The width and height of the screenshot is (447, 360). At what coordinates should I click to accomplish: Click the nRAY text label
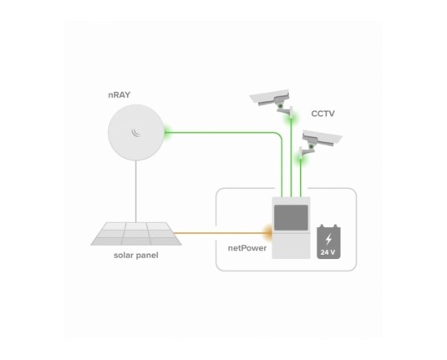coord(119,94)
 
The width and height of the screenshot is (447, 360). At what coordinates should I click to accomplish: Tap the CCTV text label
coord(323,114)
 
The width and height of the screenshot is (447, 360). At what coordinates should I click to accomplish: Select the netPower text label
coord(247,248)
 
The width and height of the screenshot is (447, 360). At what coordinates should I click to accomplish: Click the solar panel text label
coord(136,255)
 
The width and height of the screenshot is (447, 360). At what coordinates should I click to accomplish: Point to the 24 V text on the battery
coord(328,252)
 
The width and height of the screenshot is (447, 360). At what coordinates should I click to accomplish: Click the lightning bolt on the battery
coord(328,239)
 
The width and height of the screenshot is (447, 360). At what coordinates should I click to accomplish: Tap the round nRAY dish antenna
coord(136,133)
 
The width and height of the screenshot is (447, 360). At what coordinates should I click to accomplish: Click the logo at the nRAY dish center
coord(135,133)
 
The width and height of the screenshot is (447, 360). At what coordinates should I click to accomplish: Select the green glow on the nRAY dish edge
coord(166,132)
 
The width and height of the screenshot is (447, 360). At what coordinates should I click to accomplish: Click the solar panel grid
coord(136,234)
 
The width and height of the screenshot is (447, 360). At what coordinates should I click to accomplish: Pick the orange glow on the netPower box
coord(268,232)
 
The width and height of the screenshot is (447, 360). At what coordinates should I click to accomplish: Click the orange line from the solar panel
coord(221,233)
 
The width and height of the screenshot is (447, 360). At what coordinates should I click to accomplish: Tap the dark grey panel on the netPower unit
coord(291,217)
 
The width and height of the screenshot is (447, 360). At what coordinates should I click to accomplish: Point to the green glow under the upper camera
coord(292,117)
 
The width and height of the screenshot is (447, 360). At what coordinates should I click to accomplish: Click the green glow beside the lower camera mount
coord(301,158)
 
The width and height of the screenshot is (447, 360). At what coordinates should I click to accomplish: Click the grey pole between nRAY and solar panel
coord(136,191)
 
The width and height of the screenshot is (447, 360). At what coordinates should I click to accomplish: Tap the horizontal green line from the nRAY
coord(221,132)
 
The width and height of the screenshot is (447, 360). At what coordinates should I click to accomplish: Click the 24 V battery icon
coord(328,241)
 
